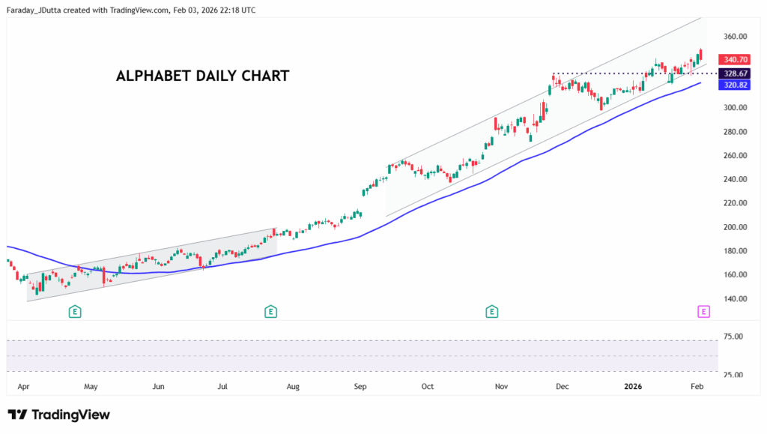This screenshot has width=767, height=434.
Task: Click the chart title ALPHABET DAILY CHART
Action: click(202, 76)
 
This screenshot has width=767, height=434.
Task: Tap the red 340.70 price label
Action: click(733, 59)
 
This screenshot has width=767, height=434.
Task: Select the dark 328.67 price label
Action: click(733, 73)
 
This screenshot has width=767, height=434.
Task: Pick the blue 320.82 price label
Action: click(733, 85)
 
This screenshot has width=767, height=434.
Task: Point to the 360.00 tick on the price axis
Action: click(735, 36)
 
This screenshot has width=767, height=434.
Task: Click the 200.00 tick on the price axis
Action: click(735, 227)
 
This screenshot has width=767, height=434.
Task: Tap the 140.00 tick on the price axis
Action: click(735, 299)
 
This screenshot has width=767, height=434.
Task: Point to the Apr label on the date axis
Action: click(23, 387)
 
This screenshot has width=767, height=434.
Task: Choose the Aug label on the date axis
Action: click(293, 387)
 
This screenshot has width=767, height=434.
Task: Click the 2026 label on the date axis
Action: click(633, 387)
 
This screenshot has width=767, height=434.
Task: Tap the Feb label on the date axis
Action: click(696, 387)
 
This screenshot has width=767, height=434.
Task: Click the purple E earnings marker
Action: click(703, 311)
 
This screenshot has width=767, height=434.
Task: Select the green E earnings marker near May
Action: click(75, 311)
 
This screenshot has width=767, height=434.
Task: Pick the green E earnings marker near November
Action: click(492, 311)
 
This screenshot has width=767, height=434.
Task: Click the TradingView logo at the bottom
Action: click(59, 415)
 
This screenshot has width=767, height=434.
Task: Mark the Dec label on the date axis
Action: click(563, 387)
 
